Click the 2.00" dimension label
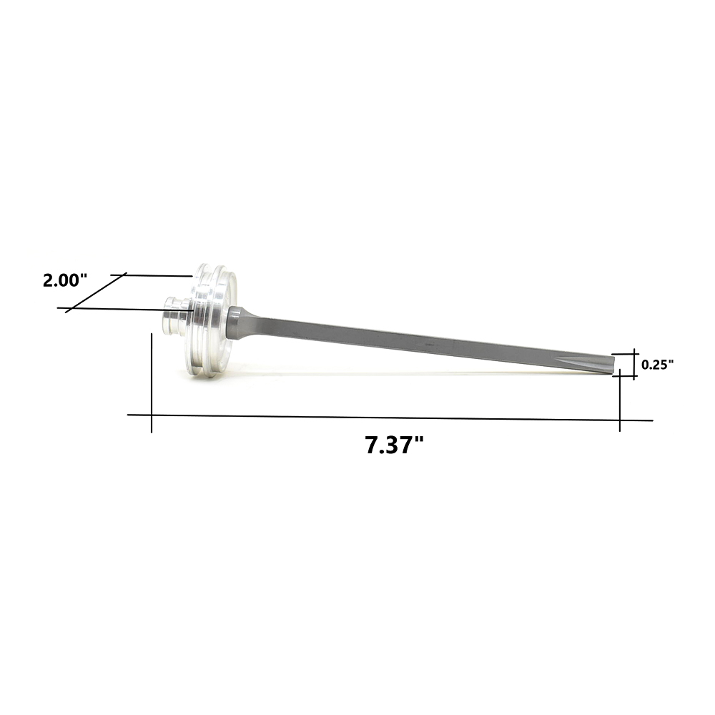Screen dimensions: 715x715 tap(64, 280)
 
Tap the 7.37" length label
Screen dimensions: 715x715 tap(395, 445)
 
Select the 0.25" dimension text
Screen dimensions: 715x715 tap(657, 365)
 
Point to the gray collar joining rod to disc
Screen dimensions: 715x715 tap(235, 323)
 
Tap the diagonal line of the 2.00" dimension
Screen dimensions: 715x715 tap(95, 293)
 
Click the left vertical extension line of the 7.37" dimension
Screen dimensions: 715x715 tap(152, 383)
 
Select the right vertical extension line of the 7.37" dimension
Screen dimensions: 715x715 tap(619, 400)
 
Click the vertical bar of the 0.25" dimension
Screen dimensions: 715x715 tap(633, 365)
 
